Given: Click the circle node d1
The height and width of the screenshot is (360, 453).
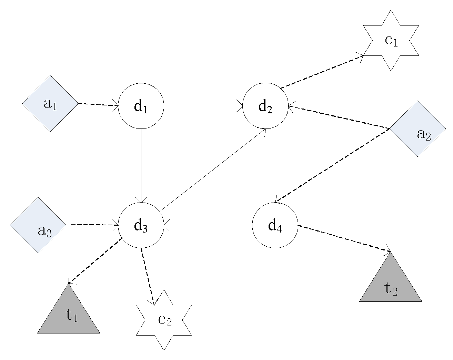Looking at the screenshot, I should coord(141,106).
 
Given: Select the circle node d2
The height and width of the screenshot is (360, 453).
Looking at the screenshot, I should coord(265,106).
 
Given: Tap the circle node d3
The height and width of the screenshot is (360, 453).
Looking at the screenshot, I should coord(141,225).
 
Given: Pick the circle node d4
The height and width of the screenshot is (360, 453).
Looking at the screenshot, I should coord(275,225).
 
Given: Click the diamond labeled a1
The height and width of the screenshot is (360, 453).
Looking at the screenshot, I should coord(50,103).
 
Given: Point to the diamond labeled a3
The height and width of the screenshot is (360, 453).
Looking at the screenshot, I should coord(38,225).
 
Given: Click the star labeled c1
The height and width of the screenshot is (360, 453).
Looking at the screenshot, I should coord(391,41).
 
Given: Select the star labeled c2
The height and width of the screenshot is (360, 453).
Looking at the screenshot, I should coord(164,320).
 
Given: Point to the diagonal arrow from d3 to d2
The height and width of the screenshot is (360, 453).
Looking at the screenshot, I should coord(212,169).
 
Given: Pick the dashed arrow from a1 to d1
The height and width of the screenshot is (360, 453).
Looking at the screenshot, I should coord(98,104).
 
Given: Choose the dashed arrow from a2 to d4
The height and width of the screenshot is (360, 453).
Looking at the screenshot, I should coord(333,165).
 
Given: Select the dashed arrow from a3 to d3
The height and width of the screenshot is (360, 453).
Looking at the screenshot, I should coord(94,225).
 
